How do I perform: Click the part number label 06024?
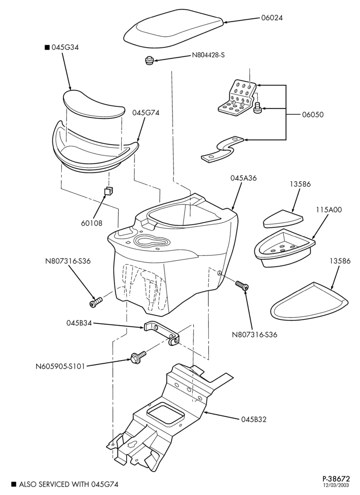[x=272, y=18]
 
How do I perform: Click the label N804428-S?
[x=208, y=55]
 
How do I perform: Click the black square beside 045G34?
[x=47, y=48]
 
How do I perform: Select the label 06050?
[x=313, y=115]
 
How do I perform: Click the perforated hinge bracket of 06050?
[x=236, y=99]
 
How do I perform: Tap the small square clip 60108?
[x=109, y=191]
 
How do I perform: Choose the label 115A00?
[x=329, y=209]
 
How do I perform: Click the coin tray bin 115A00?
[x=284, y=248]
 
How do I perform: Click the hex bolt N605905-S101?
[x=138, y=356]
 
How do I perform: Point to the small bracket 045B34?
[x=161, y=333]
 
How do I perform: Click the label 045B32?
[x=254, y=420]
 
